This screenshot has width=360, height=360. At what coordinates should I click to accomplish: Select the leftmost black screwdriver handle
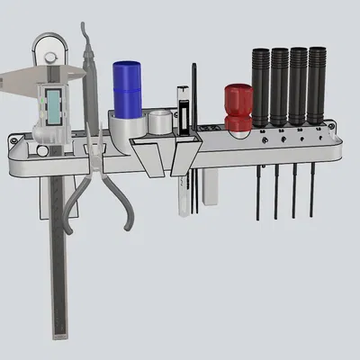261,85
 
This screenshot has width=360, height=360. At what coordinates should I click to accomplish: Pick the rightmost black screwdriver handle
316,85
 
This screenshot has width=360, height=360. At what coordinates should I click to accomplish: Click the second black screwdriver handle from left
279,85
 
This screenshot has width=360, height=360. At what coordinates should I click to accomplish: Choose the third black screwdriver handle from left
298,85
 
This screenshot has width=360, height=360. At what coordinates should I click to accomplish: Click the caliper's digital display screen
53,106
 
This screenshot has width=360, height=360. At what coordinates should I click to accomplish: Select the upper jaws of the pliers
86,54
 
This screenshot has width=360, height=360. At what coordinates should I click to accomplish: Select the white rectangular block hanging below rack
210,188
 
